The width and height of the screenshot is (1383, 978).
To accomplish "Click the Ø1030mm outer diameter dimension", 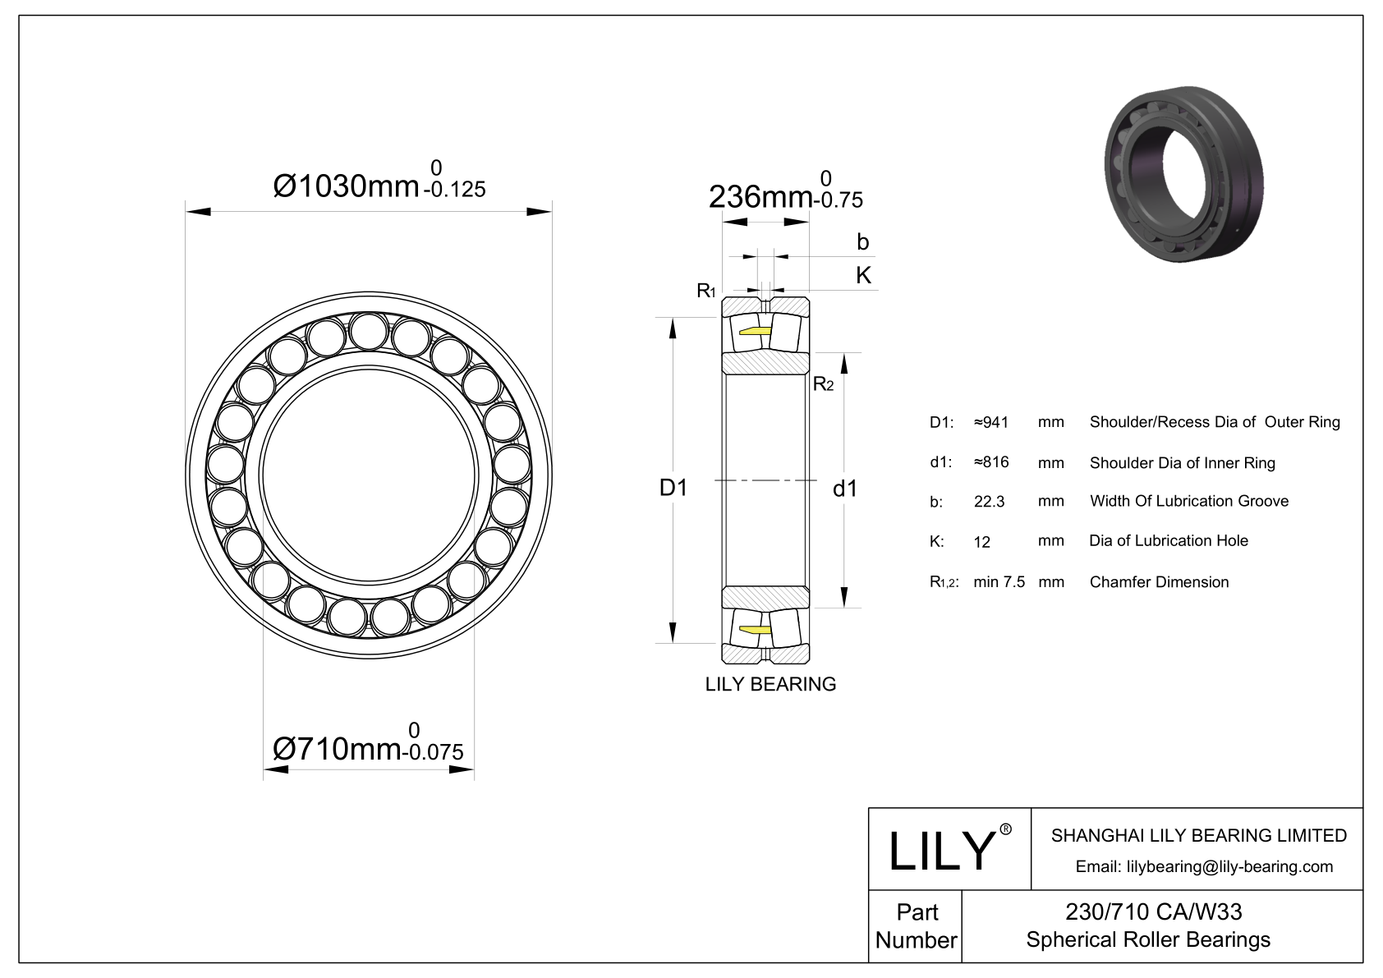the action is (379, 180).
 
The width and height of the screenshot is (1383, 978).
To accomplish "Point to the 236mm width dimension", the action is (785, 191).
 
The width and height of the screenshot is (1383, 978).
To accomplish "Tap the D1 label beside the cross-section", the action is (673, 488).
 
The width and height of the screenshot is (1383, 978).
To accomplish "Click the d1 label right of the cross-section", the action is (844, 489).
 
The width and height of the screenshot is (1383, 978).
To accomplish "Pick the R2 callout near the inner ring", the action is (823, 384).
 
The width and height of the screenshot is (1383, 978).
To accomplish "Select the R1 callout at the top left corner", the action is (705, 290).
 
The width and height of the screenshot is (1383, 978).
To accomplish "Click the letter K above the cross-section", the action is (863, 275).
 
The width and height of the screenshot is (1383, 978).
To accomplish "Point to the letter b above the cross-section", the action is (862, 241).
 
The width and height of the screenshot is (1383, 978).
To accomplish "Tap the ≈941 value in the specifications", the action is (991, 422).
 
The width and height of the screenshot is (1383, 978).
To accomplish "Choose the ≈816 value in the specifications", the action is (991, 461).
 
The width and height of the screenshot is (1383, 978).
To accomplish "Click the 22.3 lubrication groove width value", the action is (989, 502).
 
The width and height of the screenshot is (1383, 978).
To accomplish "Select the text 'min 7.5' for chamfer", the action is (999, 581).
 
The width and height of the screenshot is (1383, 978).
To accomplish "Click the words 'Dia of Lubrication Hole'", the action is (1168, 541).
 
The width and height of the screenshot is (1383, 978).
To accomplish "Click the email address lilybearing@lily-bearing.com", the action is (1229, 867).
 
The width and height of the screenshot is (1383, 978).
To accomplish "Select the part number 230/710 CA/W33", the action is (1153, 912).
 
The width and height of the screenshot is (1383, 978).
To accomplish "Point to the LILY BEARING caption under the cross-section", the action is (770, 684).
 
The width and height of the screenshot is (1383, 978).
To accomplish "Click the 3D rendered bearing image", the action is (1183, 173).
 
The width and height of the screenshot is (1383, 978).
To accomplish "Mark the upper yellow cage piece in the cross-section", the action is (755, 332).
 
